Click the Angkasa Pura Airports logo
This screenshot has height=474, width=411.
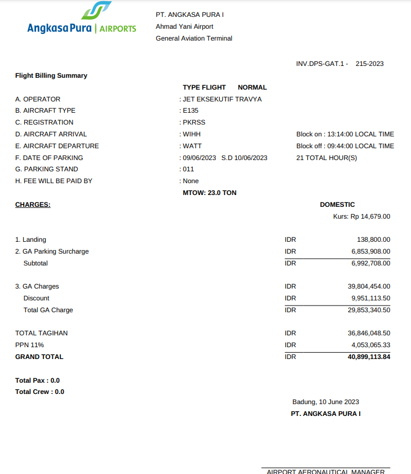coord(82,20)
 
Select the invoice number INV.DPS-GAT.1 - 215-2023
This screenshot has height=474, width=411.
coord(339,64)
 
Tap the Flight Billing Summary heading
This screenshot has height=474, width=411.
coord(51,76)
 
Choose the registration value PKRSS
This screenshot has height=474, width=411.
coord(193,122)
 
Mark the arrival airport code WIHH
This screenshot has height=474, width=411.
coord(192,134)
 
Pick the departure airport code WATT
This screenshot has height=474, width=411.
coord(192,146)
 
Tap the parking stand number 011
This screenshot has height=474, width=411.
coord(188,169)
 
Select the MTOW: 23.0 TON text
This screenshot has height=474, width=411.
coord(210,193)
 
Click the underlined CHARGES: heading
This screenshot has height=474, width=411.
coord(33,205)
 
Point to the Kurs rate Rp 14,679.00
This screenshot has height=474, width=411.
coord(361,216)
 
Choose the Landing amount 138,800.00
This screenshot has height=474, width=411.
coord(373,240)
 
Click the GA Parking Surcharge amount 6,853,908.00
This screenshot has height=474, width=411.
coord(370,251)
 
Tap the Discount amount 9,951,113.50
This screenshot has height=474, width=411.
coord(370,298)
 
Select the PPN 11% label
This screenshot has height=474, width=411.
coord(29,345)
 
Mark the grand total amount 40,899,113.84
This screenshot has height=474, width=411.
coord(369,357)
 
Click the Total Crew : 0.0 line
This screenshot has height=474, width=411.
coord(39,392)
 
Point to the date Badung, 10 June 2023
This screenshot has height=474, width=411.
coord(325,402)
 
